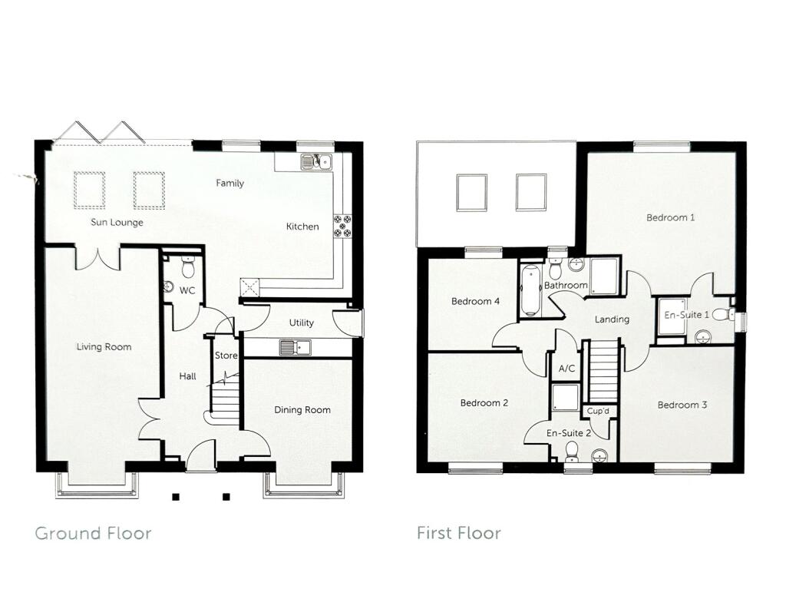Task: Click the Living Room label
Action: click(x=104, y=347)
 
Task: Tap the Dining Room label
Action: click(x=302, y=410)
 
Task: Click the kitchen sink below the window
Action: click(x=315, y=161)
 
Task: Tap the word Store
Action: click(x=226, y=356)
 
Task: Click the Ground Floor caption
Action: click(x=93, y=533)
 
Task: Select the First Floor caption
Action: click(x=458, y=533)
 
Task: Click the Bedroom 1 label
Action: click(x=670, y=218)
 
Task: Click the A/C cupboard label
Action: click(x=566, y=369)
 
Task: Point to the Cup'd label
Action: click(x=598, y=412)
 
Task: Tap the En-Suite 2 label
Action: click(x=568, y=434)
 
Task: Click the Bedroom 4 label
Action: click(x=475, y=302)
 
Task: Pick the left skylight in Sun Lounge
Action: click(x=89, y=190)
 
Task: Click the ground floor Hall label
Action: click(x=187, y=376)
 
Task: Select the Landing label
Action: click(x=612, y=319)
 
